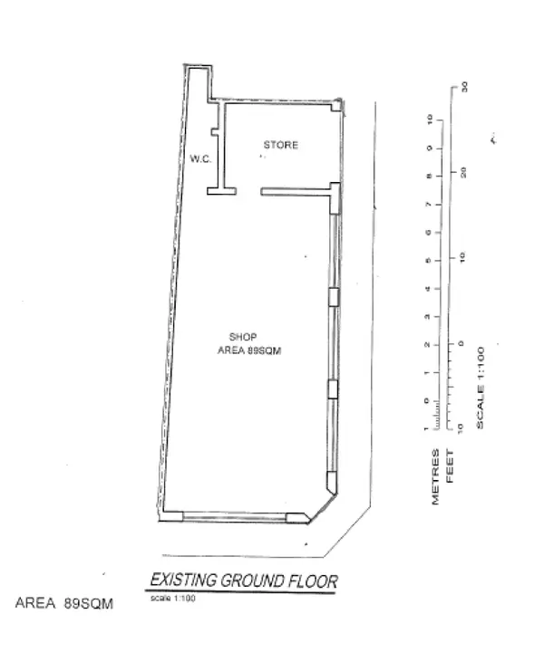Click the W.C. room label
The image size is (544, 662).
coord(200,158)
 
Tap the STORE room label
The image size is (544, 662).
coord(280,145)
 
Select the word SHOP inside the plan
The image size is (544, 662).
coord(242,337)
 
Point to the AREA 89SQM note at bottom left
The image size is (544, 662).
coord(64,603)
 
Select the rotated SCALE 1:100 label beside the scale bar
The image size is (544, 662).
coord(481,387)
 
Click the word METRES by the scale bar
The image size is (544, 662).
coord(436,477)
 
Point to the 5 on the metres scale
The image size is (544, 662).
coord(426,261)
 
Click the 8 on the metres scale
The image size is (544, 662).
coord(426,177)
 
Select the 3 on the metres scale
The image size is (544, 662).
coord(426,317)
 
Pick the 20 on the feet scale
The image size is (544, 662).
coord(463,171)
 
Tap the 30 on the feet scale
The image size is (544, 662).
coord(463,87)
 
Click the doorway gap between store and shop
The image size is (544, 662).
coord(249,191)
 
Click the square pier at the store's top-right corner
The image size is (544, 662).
coord(336,106)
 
